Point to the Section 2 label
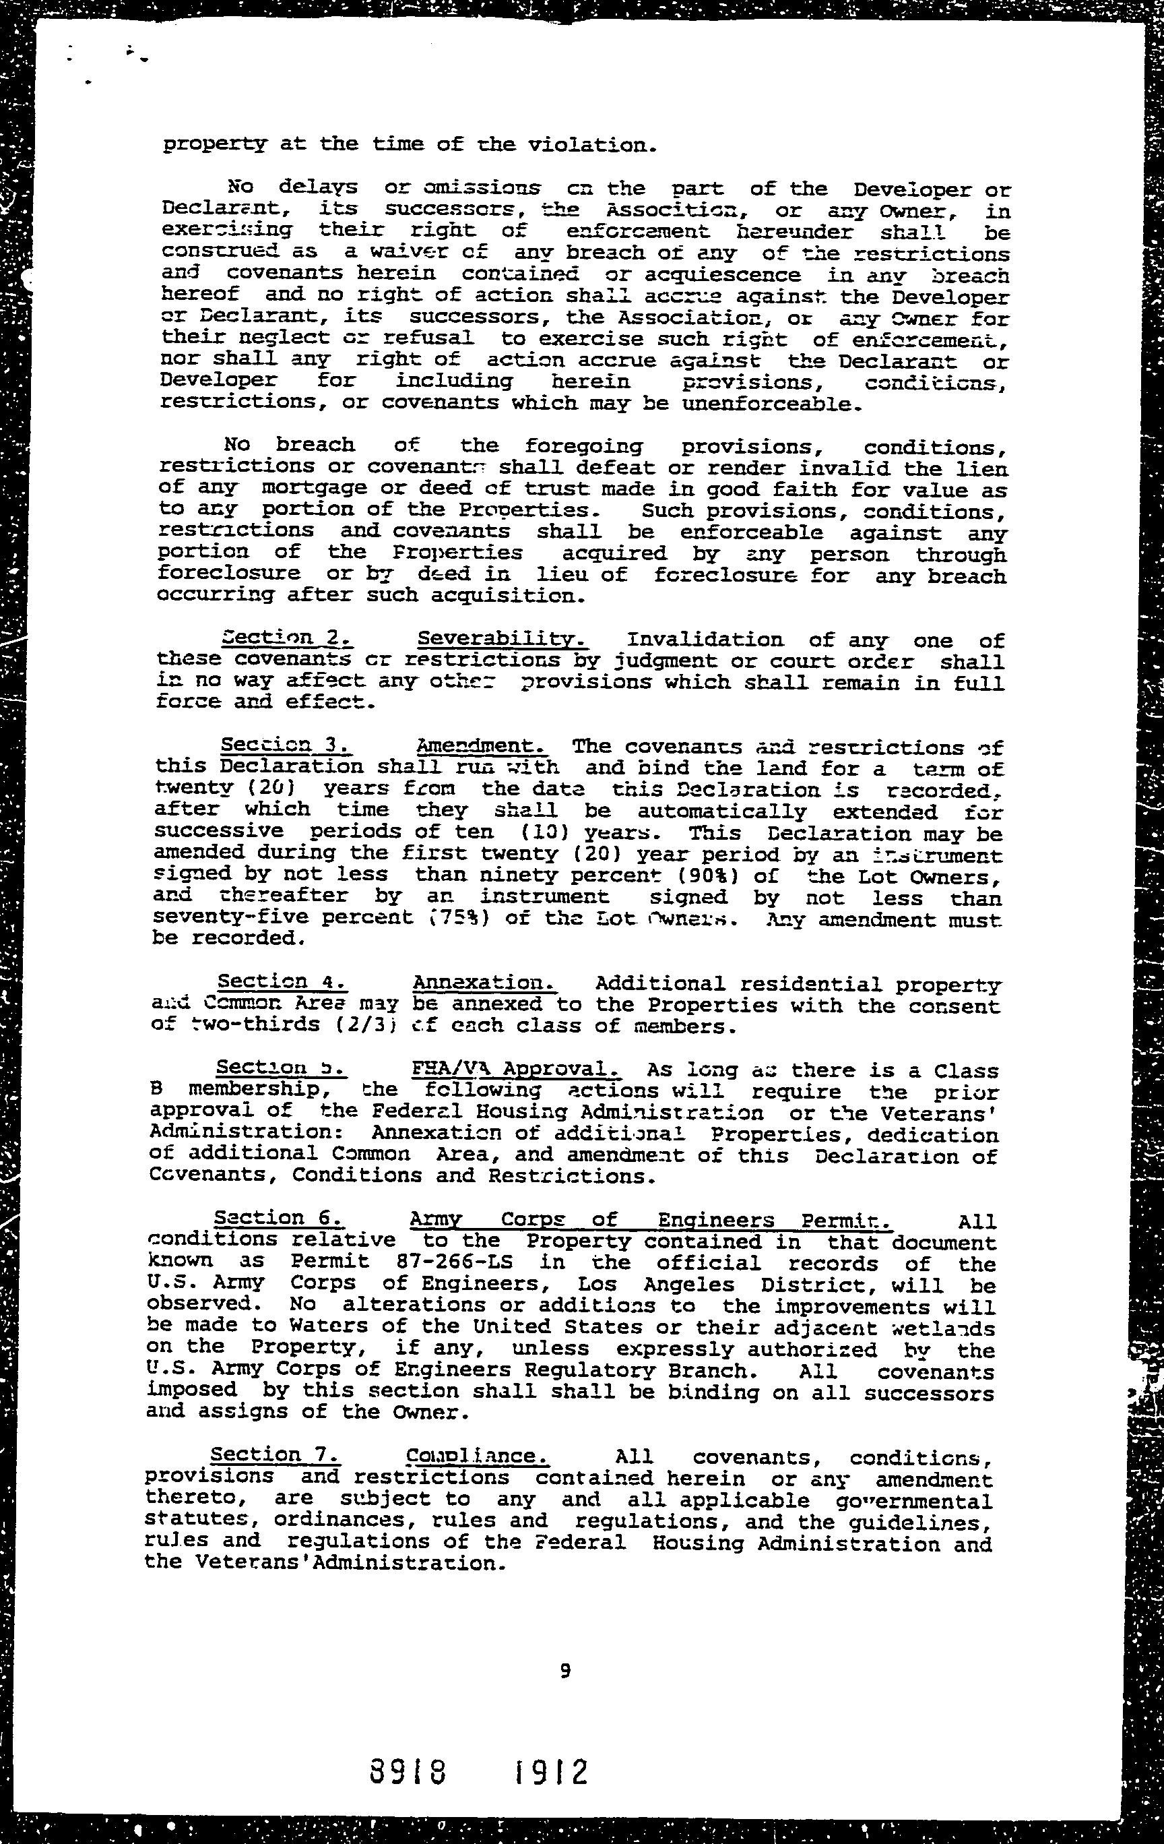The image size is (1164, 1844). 286,638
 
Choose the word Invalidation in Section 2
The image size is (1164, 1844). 705,640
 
